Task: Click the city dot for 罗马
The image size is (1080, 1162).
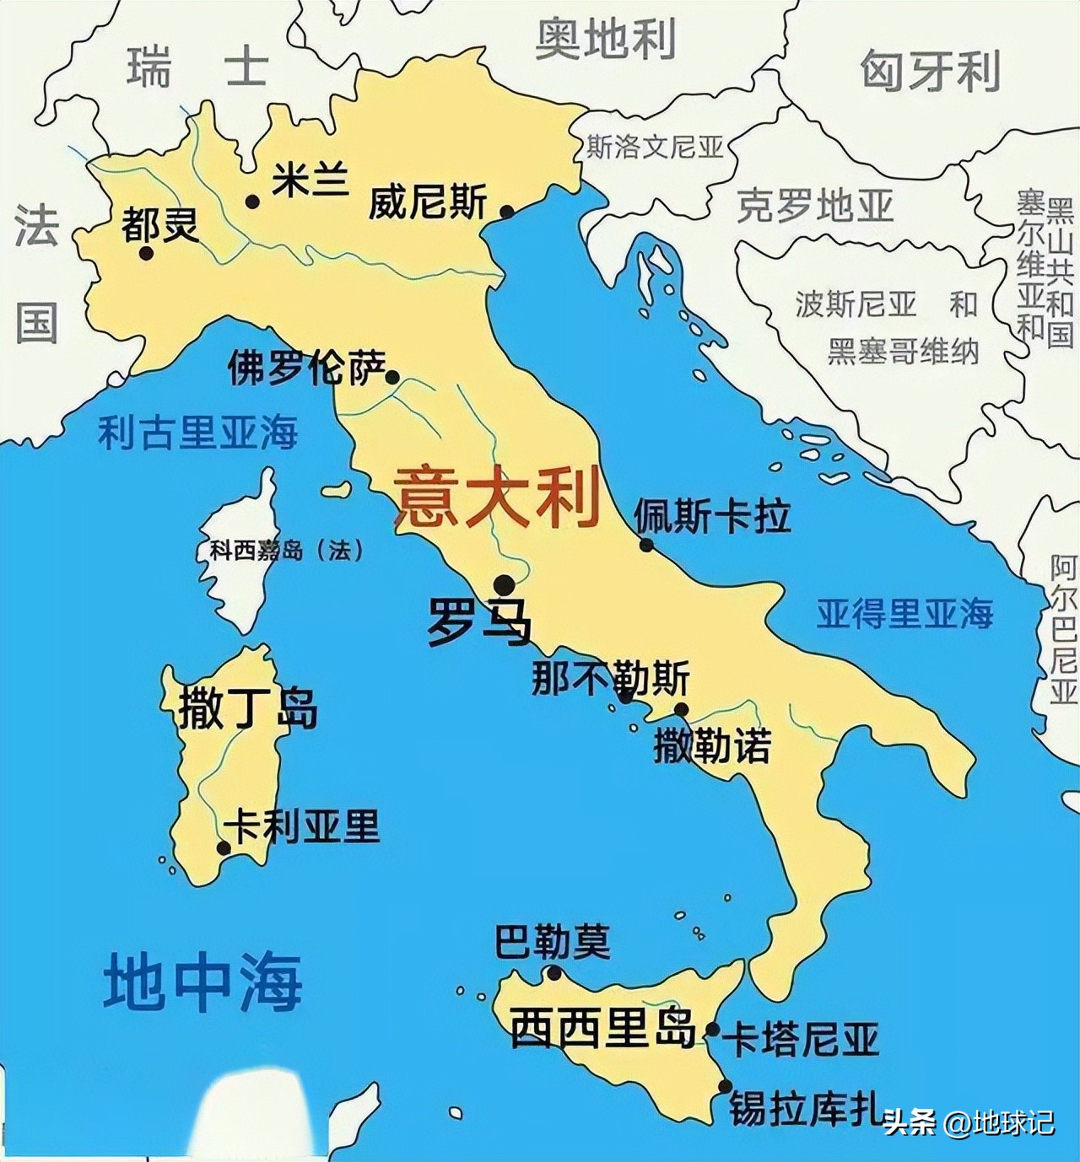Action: click(x=505, y=584)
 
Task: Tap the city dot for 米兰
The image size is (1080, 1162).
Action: click(x=251, y=201)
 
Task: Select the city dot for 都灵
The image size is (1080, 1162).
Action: click(x=146, y=252)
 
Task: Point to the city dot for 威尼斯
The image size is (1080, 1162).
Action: click(x=507, y=212)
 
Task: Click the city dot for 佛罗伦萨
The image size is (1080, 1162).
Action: click(x=392, y=377)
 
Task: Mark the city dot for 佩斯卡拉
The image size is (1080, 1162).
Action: click(x=646, y=545)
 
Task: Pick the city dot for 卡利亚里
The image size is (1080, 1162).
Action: click(x=223, y=847)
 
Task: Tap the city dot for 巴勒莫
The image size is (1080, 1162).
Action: click(x=554, y=973)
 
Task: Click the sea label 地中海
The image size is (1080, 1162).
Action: click(x=202, y=982)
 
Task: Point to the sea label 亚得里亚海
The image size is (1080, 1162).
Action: click(x=904, y=613)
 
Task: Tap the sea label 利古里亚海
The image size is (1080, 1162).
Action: click(x=197, y=433)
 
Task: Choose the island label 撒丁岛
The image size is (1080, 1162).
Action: click(x=247, y=707)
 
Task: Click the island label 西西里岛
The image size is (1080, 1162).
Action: click(x=603, y=1027)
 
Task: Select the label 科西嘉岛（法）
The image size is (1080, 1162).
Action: click(x=287, y=551)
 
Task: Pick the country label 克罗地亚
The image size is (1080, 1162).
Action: click(x=815, y=205)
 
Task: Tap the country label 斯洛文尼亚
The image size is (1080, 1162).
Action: click(x=655, y=148)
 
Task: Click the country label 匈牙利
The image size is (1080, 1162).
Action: click(x=930, y=71)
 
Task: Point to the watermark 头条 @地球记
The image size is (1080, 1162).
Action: click(x=969, y=1122)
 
